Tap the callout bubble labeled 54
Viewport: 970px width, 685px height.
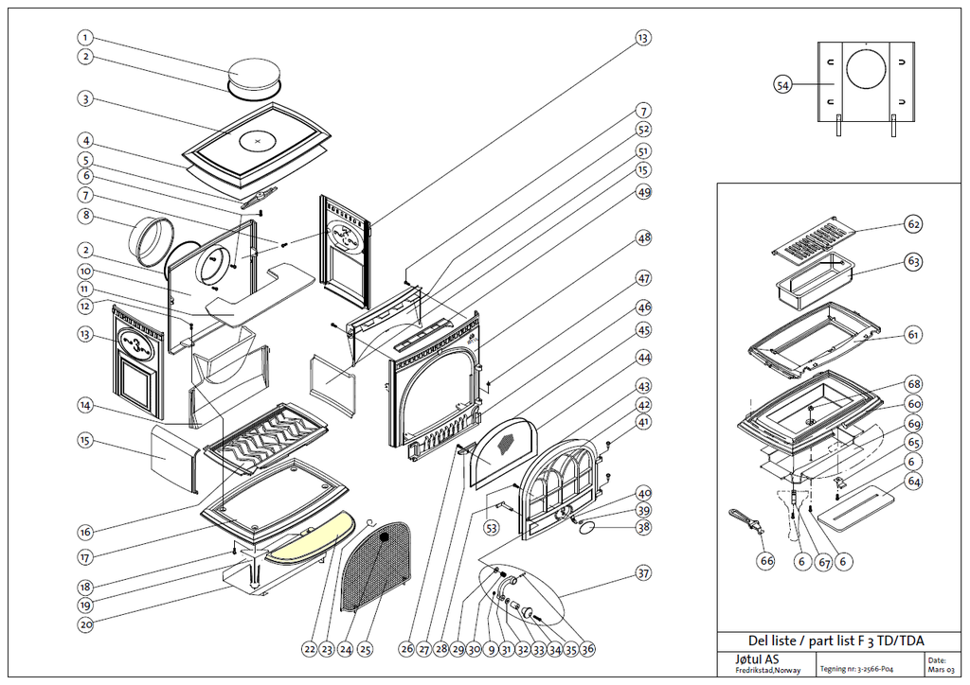[x=782, y=85]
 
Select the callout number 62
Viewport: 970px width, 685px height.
[x=912, y=225]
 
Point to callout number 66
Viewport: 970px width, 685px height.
[x=766, y=560]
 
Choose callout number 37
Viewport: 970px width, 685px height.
[x=643, y=573]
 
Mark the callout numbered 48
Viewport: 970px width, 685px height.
[x=643, y=238]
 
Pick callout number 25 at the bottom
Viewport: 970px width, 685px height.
[x=366, y=649]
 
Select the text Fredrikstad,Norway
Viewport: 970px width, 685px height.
[x=767, y=671]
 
